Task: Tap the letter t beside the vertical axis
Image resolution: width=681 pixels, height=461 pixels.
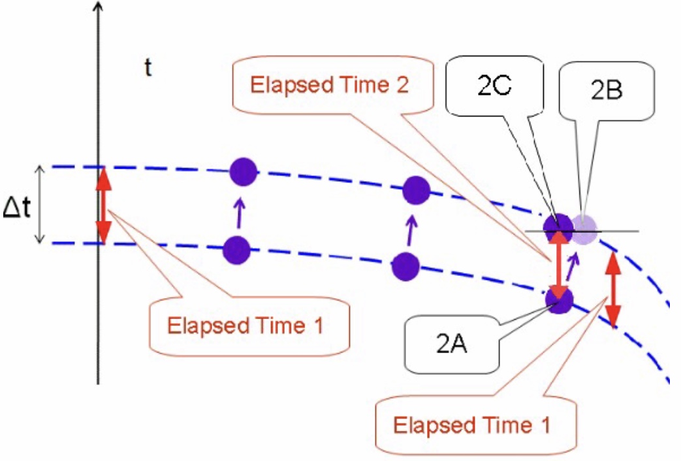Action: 148,67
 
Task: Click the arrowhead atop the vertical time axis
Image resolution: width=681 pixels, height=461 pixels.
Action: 98,8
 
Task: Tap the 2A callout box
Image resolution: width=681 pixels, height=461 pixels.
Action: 451,343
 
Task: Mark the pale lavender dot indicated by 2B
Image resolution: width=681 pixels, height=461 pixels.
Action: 583,230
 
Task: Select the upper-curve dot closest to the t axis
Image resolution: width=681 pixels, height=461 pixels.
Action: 242,172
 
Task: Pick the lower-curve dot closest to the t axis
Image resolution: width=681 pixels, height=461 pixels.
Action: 236,249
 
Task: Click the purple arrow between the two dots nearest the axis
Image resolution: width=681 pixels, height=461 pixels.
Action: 240,211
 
